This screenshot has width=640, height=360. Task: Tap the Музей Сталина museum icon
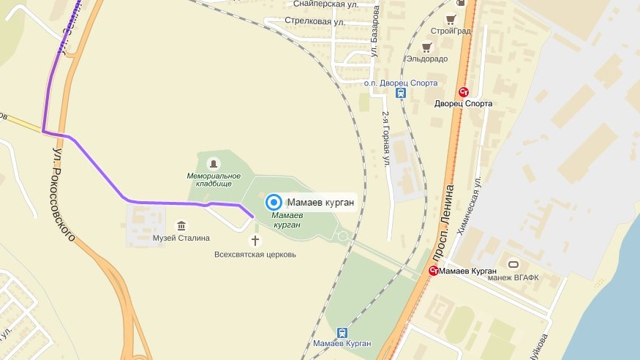click(181, 225)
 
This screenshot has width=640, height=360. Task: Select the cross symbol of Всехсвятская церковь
click(255, 240)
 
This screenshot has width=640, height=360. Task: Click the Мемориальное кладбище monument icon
click(213, 162)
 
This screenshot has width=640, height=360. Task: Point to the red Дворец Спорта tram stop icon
click(463, 91)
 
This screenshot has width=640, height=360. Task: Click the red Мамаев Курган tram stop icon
click(434, 271)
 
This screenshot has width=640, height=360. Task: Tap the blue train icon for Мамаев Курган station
click(342, 332)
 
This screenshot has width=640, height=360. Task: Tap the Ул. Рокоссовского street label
click(65, 193)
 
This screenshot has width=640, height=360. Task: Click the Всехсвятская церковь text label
click(255, 255)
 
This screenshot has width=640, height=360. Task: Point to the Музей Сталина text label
click(181, 238)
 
